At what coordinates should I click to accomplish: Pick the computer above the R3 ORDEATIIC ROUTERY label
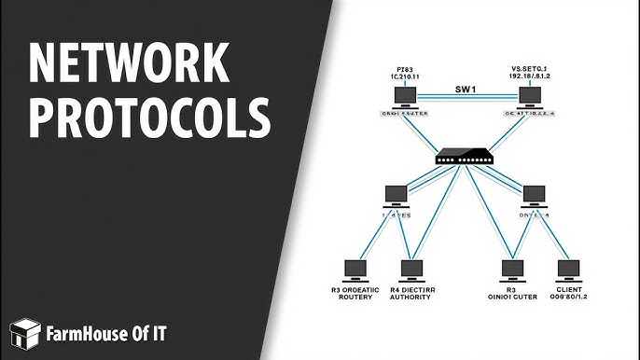(356, 271)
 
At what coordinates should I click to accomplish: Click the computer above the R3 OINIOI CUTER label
(510, 271)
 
